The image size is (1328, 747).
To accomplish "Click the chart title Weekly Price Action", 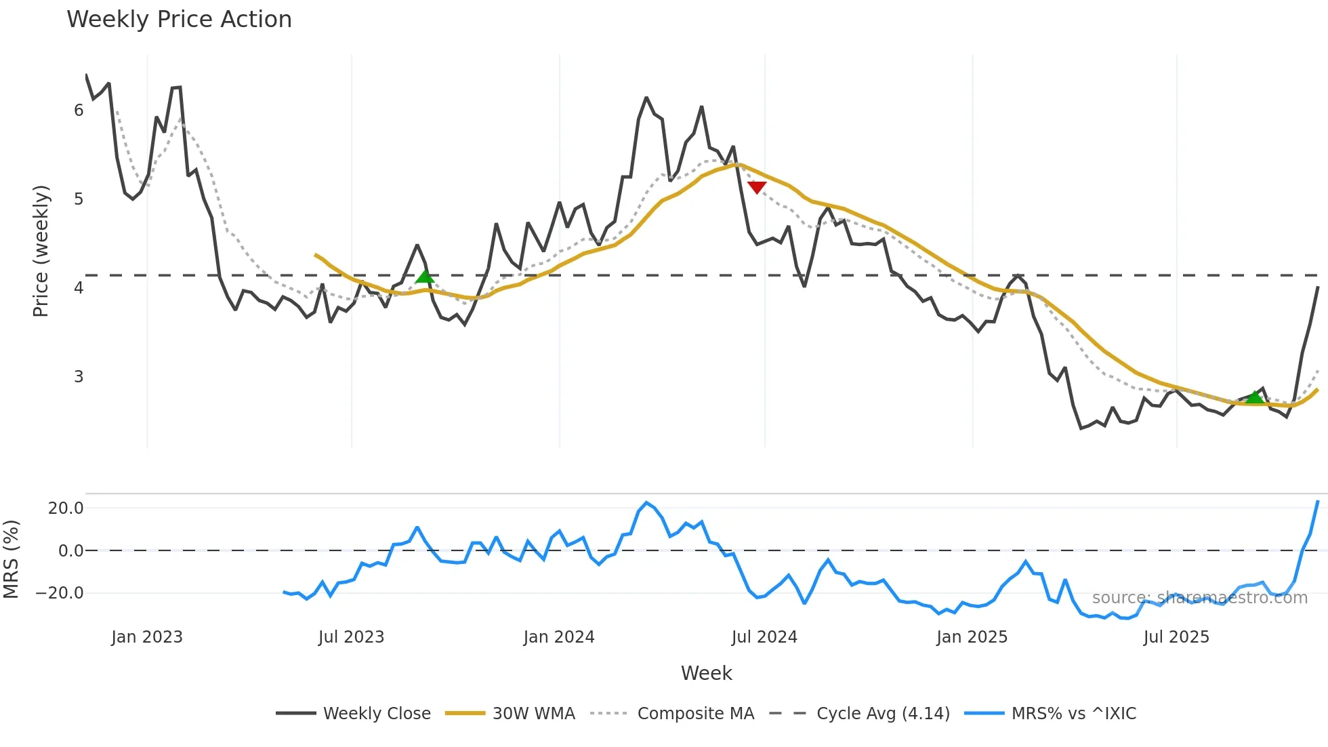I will point(179,20).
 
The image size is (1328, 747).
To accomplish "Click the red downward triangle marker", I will point(757,187).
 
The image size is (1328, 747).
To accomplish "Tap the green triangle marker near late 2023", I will point(425,275).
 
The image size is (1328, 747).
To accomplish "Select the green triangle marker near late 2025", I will point(1255,397).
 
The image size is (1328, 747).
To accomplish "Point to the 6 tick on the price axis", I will point(79,110).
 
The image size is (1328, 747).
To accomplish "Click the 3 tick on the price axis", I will point(79,377).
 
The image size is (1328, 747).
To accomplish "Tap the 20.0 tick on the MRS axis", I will point(66,508).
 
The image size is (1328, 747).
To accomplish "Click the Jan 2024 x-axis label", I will point(559,637).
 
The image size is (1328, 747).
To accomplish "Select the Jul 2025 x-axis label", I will point(1176,637).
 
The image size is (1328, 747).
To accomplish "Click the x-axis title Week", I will point(706,673).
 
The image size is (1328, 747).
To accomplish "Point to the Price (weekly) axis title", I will point(41,251).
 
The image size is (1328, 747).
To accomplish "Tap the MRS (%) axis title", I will point(11,559).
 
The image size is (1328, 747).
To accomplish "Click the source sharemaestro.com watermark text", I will point(1199,598).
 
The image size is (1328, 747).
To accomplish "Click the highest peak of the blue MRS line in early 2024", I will point(646,503).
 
